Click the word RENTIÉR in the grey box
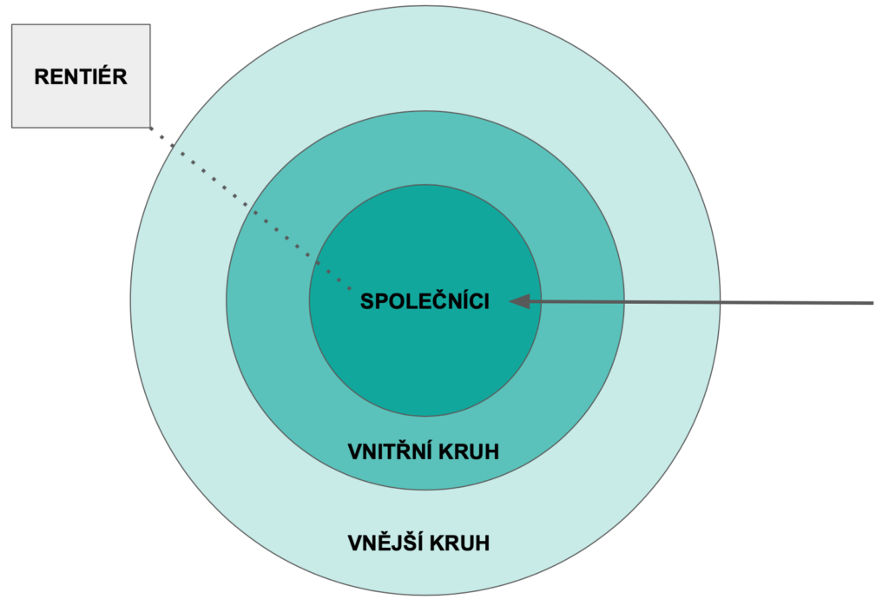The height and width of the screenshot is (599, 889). tap(81, 76)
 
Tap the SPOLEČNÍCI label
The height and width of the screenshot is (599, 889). tap(425, 302)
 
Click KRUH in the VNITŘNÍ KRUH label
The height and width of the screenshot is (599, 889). tap(471, 452)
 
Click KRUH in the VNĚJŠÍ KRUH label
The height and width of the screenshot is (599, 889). tap(463, 544)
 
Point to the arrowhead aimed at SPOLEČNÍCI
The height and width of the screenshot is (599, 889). tap(519, 302)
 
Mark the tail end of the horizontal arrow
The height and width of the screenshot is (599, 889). tap(872, 303)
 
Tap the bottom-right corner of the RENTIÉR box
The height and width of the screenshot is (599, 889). tap(150, 128)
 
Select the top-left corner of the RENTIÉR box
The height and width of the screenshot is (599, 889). tap(11, 24)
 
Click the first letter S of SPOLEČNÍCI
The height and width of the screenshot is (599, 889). tap(366, 302)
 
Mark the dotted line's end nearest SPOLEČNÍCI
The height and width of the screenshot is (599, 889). tap(349, 288)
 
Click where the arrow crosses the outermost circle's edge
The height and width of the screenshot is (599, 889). tap(720, 303)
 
